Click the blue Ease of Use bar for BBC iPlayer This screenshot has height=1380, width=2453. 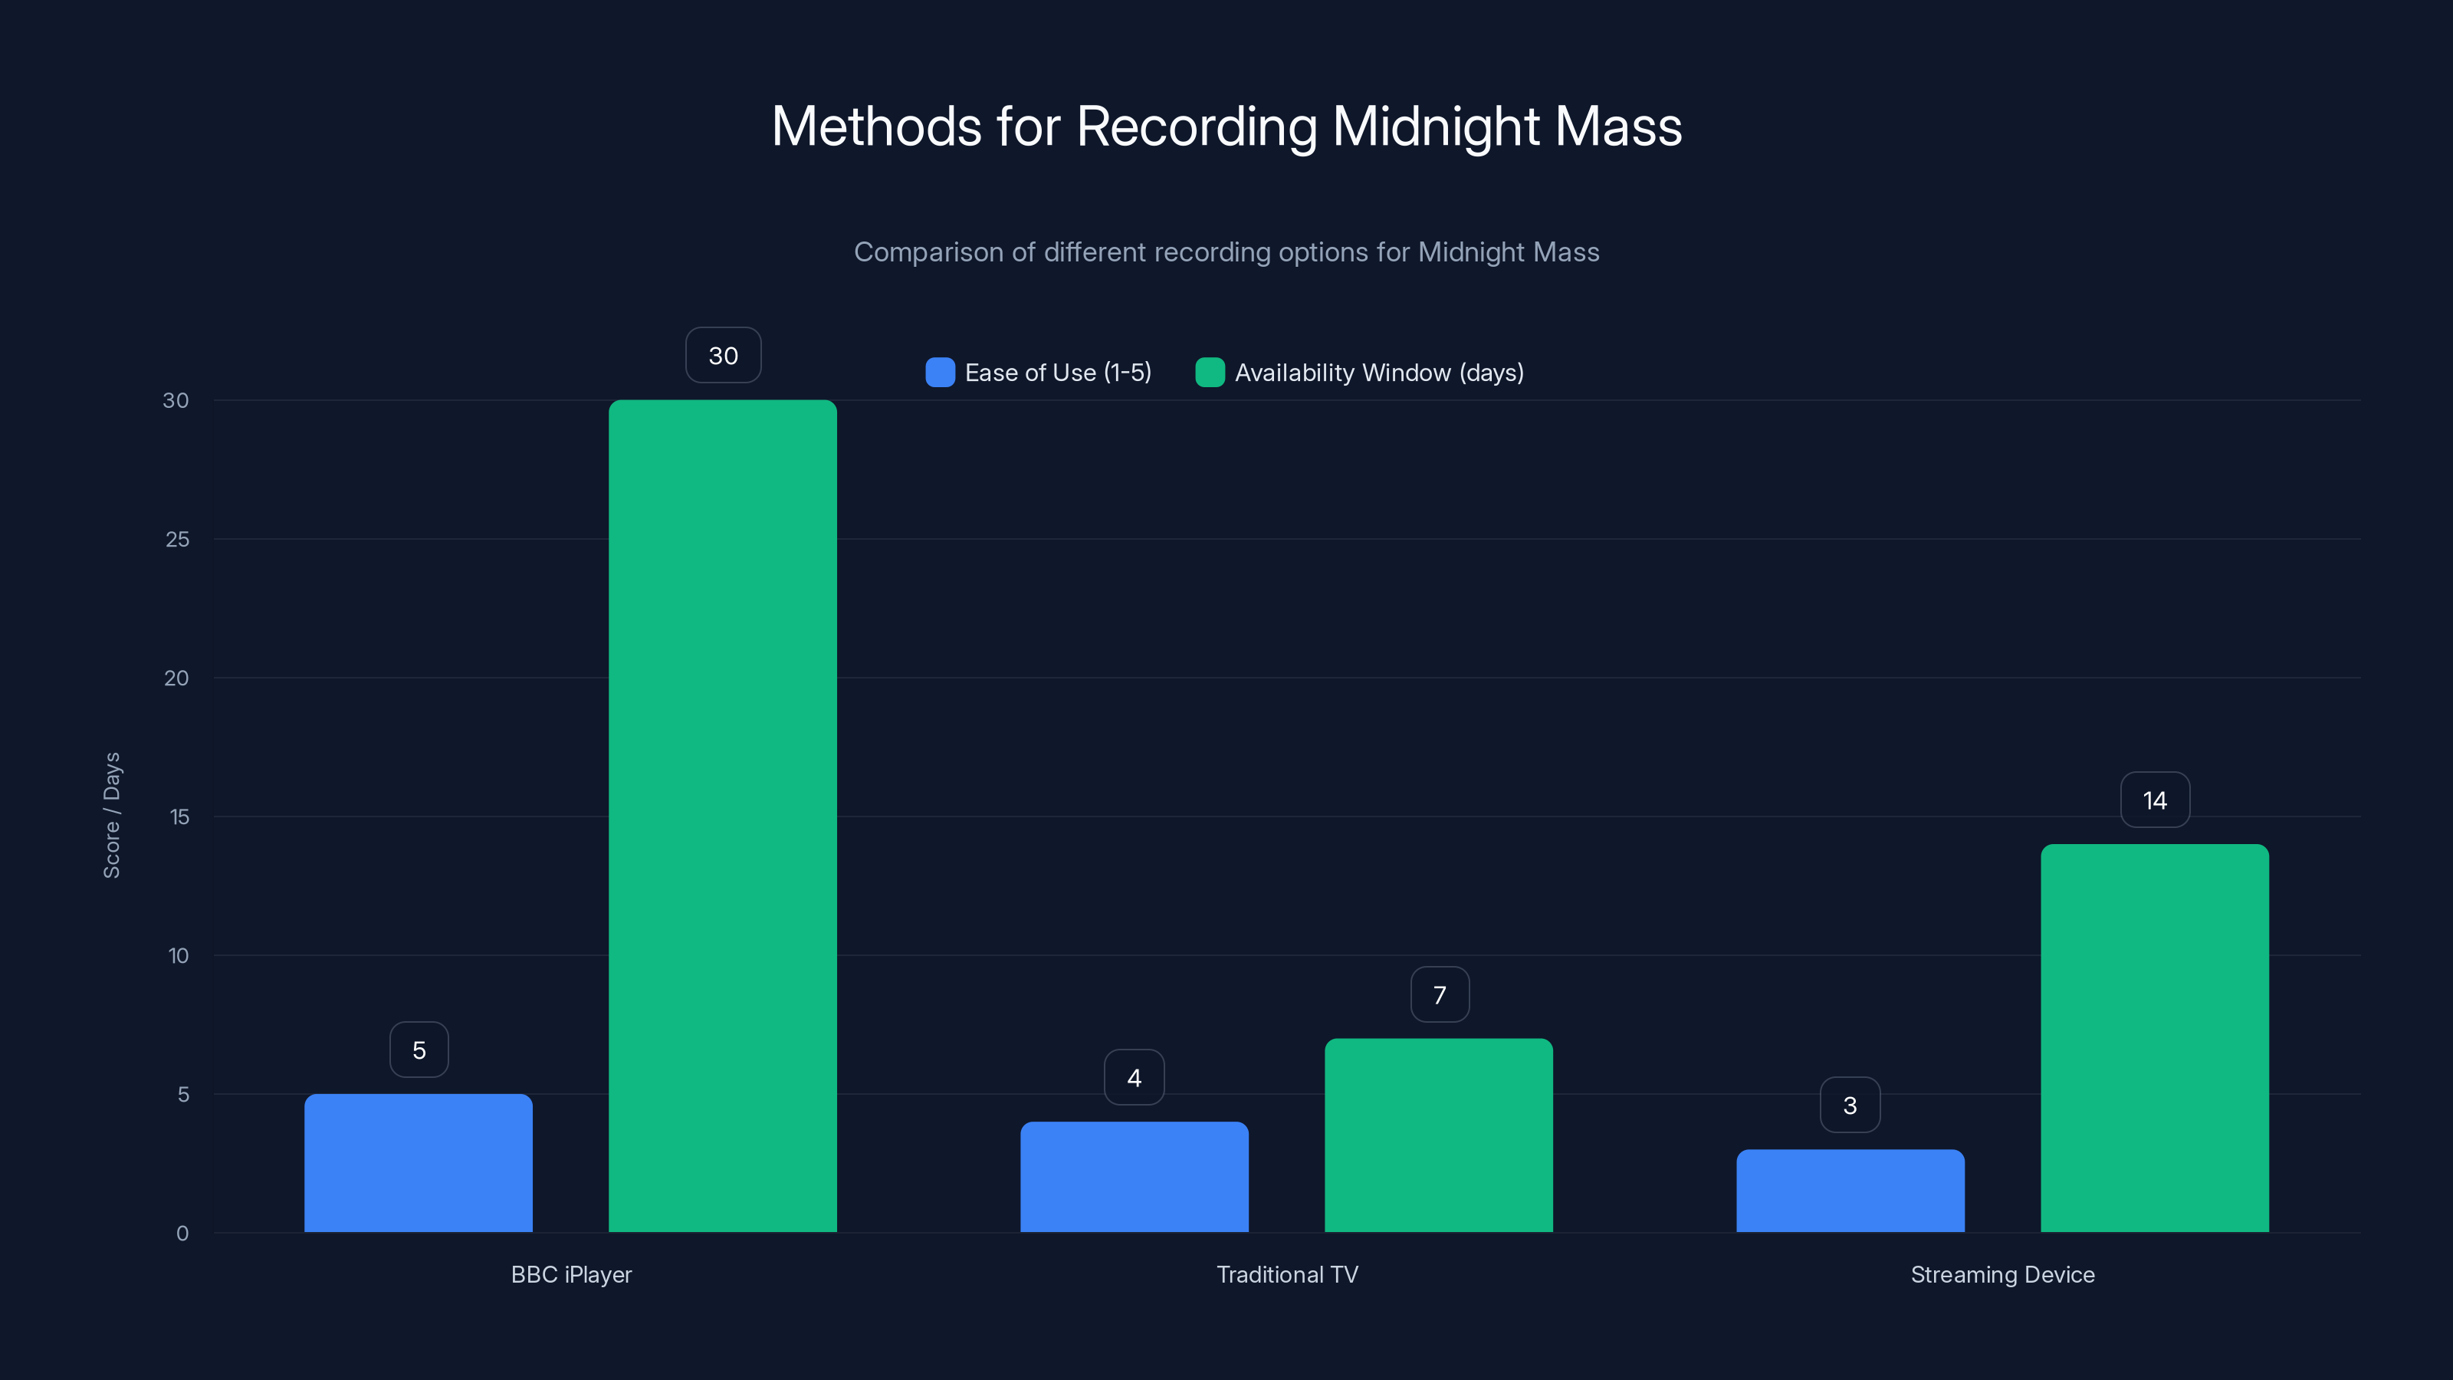point(418,1163)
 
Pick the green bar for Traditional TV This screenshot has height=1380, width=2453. point(1439,1135)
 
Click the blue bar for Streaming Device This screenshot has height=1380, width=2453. point(1850,1191)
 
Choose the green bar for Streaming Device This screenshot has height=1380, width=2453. point(2155,1038)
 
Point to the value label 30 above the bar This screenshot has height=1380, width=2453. point(724,355)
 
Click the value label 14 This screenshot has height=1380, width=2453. point(2155,800)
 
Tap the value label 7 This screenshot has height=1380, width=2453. point(1440,995)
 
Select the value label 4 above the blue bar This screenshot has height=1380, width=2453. point(1135,1078)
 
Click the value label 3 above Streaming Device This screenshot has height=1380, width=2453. point(1850,1106)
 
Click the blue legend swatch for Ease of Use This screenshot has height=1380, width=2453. point(940,373)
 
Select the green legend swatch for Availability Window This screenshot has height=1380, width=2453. point(1210,373)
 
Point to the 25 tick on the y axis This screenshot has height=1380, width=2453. point(177,539)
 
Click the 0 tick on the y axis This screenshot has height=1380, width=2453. point(182,1234)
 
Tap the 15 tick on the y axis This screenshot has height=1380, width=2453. point(179,817)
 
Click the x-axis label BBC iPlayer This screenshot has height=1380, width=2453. point(571,1274)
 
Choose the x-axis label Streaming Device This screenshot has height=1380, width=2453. point(2002,1274)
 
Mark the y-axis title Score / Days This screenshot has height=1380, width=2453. point(111,815)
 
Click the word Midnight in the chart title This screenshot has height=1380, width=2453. point(1435,127)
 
